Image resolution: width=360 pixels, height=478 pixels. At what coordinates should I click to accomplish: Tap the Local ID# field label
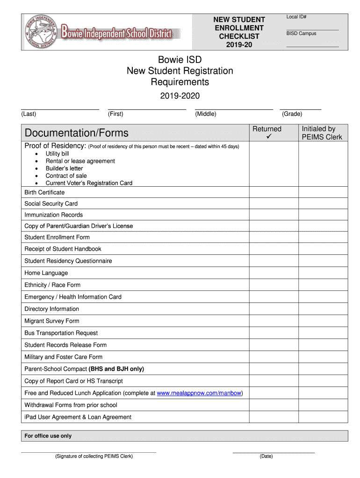tap(296, 17)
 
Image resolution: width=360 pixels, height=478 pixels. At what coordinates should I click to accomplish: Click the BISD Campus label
tap(301, 34)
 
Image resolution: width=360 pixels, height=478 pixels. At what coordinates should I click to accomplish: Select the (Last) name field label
tap(29, 114)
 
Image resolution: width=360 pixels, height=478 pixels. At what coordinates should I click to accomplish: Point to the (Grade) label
tap(292, 114)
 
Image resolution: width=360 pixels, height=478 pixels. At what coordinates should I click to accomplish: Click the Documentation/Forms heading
tap(77, 133)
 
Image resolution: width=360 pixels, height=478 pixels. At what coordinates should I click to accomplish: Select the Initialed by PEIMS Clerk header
tap(322, 133)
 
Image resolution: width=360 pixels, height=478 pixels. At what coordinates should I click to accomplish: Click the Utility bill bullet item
tap(57, 154)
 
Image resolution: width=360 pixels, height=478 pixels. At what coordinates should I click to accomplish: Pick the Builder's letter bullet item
tap(64, 169)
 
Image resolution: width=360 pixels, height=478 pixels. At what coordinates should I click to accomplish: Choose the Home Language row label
tap(46, 273)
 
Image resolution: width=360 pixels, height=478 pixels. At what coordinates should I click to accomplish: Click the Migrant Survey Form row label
tap(52, 321)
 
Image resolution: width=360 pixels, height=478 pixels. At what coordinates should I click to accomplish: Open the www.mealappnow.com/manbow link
tap(199, 393)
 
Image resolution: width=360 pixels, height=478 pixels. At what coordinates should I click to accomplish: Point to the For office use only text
tap(48, 436)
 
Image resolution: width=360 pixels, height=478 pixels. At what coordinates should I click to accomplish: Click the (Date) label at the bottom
tap(266, 456)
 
